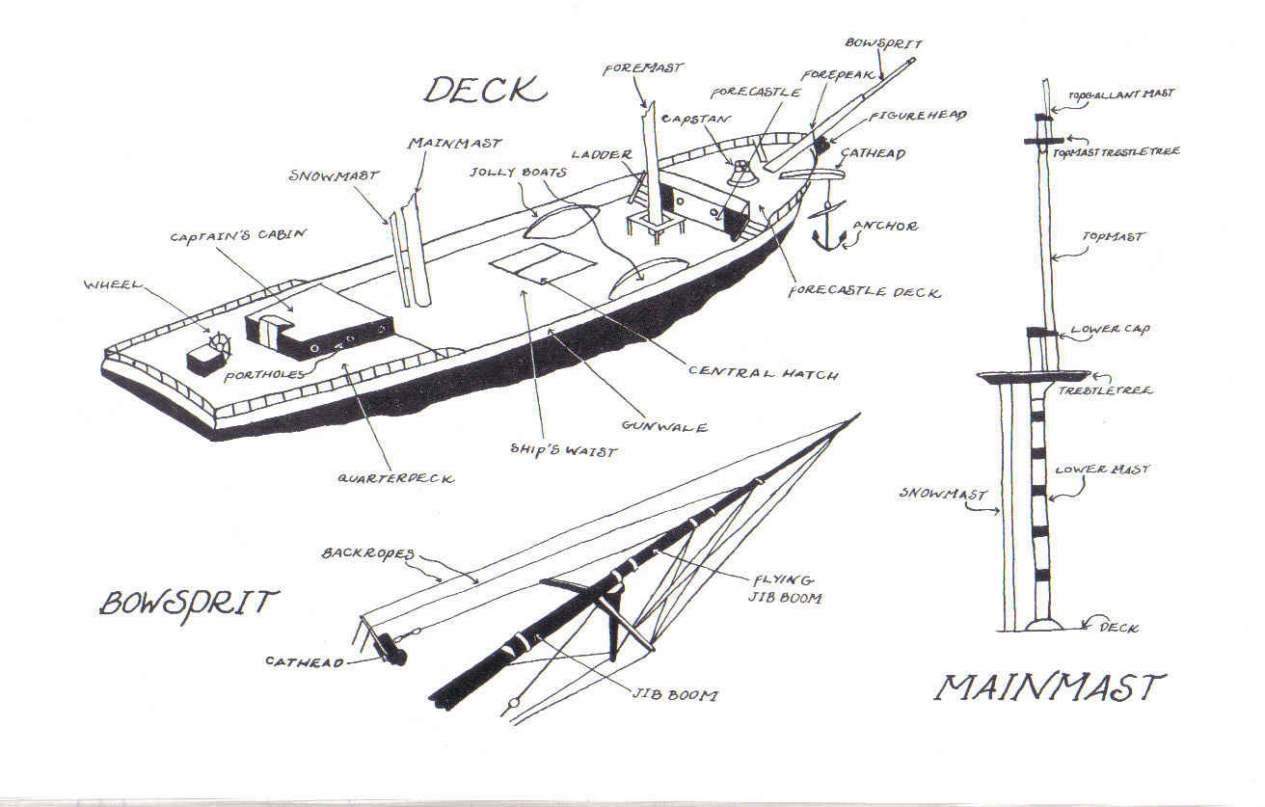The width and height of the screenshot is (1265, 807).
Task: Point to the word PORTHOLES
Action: click(x=267, y=373)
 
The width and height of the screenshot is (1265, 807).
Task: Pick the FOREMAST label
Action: click(x=643, y=68)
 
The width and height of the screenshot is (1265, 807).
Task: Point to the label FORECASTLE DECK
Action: click(x=864, y=291)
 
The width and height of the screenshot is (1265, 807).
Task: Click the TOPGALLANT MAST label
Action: click(x=1120, y=94)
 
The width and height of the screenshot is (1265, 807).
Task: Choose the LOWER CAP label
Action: click(x=1118, y=329)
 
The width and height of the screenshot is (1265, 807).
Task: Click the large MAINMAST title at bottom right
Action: click(x=1050, y=687)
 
